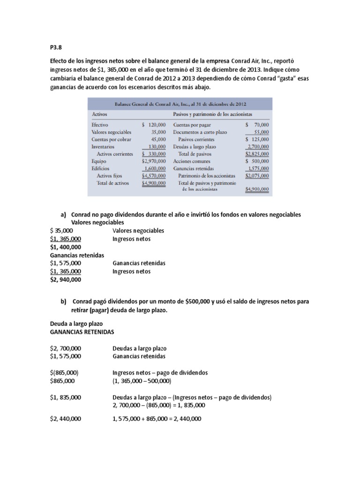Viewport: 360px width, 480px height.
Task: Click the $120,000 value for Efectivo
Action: pos(153,125)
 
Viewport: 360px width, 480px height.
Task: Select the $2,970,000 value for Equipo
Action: pos(153,160)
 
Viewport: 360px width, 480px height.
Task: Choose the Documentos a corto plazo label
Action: pos(200,132)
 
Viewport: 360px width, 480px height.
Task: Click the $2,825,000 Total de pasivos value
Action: pos(257,153)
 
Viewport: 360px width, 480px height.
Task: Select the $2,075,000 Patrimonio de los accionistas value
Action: pos(257,175)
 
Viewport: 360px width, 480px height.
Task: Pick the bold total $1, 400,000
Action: pos(65,247)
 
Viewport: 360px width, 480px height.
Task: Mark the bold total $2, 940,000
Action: pos(65,280)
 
